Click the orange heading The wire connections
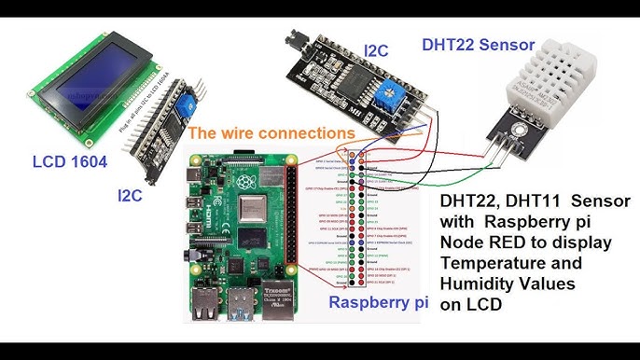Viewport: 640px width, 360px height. tap(271, 134)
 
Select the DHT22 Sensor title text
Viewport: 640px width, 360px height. tap(478, 44)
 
